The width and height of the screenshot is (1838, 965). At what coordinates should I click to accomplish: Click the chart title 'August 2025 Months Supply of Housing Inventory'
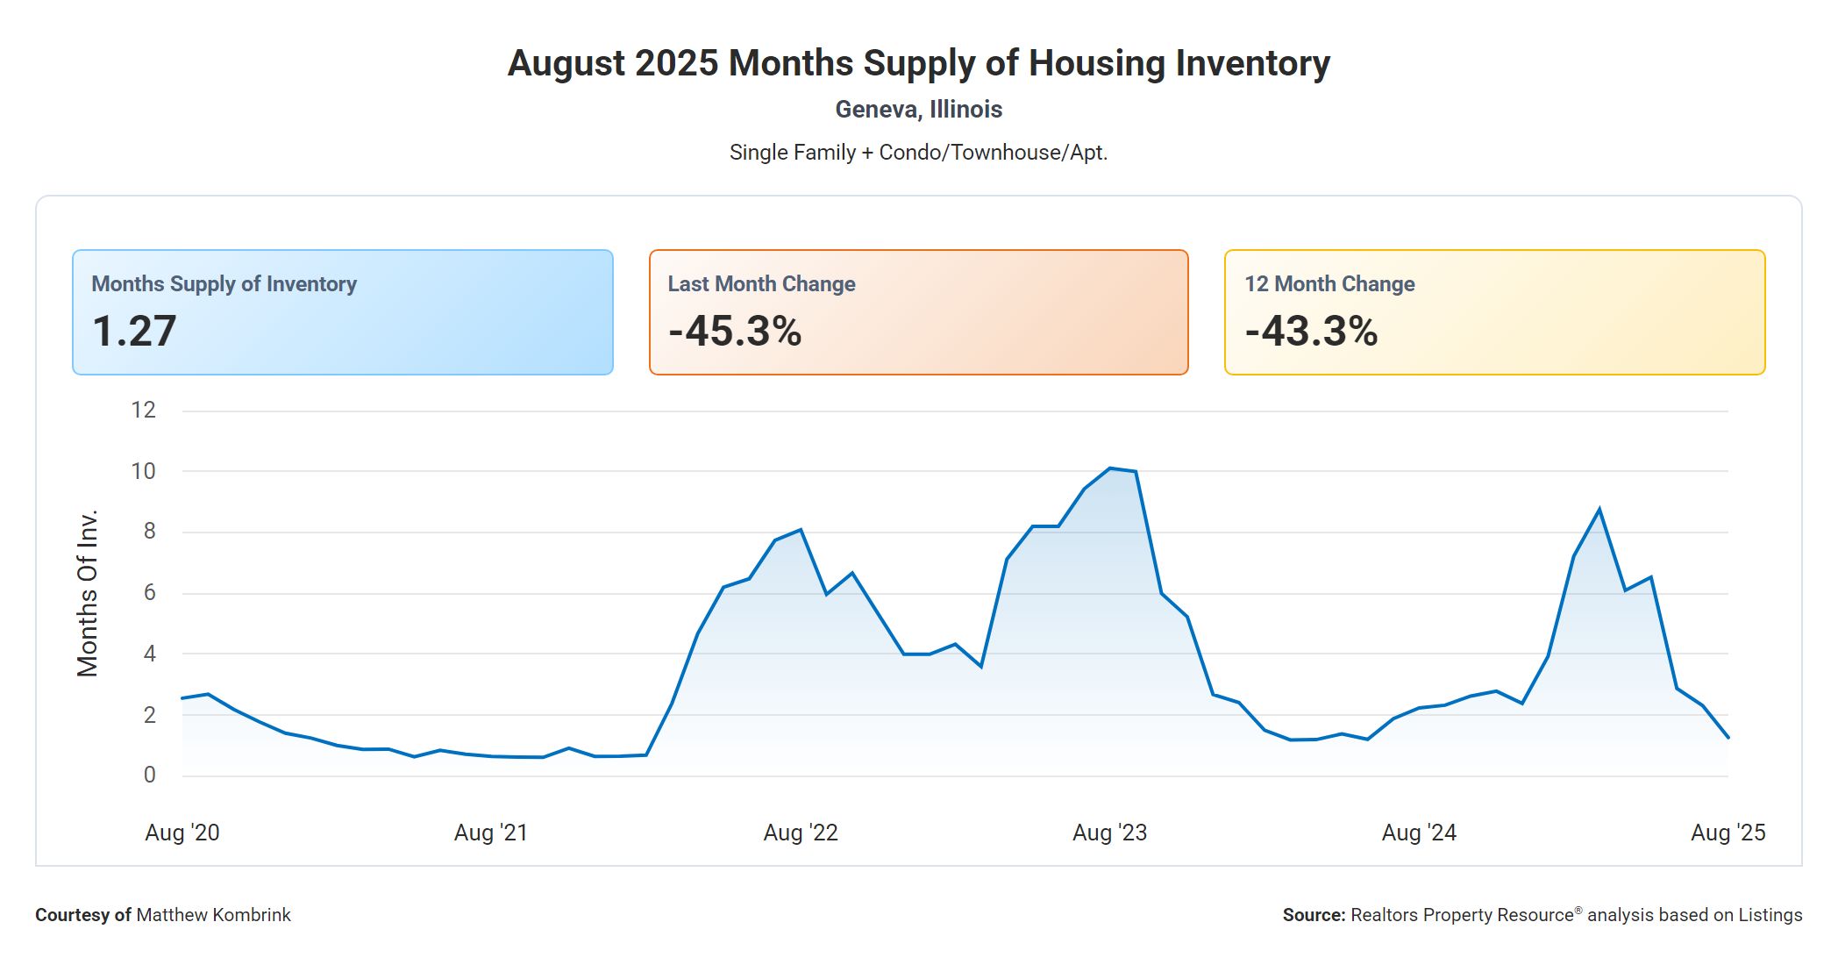918,63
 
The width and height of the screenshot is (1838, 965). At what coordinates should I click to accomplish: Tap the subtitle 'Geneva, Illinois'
918,110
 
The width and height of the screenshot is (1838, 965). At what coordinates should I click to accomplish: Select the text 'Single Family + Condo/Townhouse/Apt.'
918,153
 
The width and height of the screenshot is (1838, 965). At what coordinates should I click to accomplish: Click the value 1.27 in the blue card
134,332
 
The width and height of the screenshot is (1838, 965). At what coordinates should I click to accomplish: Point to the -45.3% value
735,332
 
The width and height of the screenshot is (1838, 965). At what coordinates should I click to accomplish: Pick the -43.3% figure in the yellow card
1311,332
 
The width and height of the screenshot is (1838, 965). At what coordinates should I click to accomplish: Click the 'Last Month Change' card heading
761,284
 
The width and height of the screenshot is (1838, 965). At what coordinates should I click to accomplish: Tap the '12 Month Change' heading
1329,284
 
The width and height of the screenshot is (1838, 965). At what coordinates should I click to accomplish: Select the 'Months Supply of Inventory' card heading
224,284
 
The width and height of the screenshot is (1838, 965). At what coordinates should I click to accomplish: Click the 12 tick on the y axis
143,410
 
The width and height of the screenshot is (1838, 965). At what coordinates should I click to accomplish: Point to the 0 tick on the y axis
149,775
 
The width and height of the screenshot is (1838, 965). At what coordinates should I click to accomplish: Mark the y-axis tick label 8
149,531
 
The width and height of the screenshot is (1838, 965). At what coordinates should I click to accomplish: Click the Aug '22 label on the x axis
801,833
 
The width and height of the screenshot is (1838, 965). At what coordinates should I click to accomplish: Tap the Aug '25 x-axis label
1728,833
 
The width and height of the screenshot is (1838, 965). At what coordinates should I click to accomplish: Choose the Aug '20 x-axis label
182,833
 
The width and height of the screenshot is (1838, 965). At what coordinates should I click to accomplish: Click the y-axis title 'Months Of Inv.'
88,593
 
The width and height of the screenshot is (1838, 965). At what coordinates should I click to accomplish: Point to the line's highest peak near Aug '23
1110,468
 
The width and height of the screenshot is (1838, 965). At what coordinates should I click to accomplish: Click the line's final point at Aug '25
1728,738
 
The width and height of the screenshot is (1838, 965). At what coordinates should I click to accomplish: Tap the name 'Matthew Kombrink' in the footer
213,915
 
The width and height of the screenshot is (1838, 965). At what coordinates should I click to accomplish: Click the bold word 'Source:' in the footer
1314,915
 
